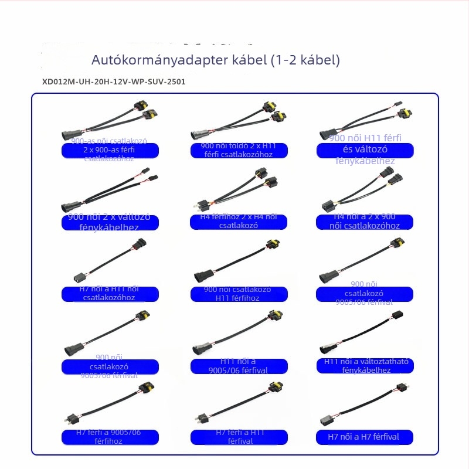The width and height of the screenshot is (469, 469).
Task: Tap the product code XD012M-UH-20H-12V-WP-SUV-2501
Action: coord(114,81)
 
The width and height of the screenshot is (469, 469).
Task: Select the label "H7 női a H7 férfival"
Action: coord(365,437)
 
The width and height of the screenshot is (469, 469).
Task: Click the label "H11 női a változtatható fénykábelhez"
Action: coord(366,366)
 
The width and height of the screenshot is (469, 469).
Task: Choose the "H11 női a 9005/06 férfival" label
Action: coord(239,366)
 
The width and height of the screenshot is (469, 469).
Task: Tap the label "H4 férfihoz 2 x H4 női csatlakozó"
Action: coord(239,222)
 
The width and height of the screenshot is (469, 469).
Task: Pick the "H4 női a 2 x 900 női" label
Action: coord(365,222)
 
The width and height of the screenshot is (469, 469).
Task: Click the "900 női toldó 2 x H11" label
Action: coord(239,150)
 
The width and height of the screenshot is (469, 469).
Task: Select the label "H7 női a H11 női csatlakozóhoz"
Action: coord(110,294)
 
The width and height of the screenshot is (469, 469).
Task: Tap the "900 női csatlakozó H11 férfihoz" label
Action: coord(239,294)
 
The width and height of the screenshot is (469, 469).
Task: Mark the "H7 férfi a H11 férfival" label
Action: coord(239,437)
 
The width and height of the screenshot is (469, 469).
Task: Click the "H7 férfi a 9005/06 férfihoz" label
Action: coord(110,437)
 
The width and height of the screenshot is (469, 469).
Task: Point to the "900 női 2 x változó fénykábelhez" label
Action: coord(110,222)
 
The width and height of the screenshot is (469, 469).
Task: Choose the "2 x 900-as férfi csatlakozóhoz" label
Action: coord(110,151)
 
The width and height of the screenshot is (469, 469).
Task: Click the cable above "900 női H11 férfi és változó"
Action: coord(361,120)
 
